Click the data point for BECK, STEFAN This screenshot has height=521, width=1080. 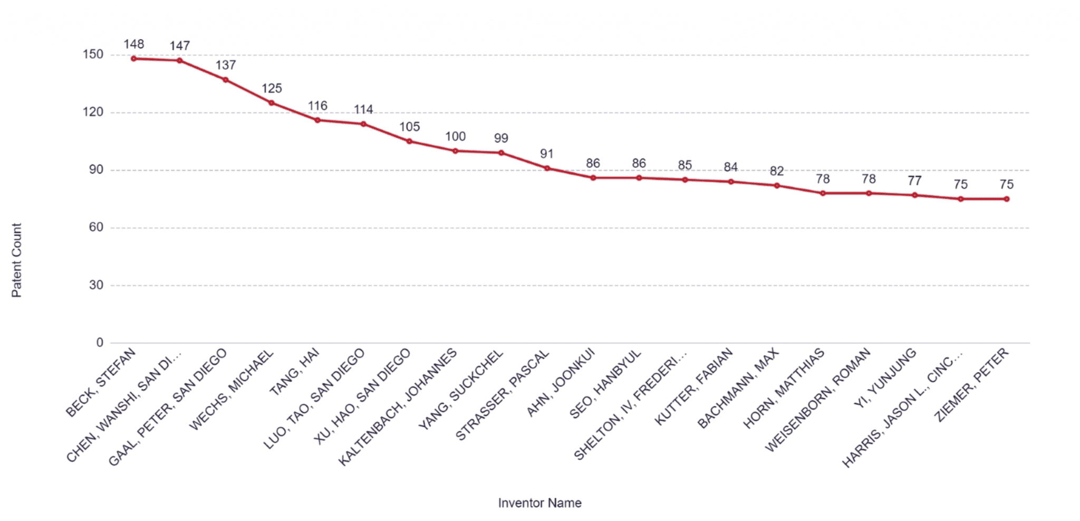(x=134, y=59)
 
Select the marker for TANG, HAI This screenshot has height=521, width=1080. (x=317, y=120)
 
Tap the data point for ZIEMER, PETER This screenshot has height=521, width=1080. (x=1006, y=199)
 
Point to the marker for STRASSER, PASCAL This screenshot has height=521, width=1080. (x=547, y=168)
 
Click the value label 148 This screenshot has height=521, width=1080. (x=134, y=44)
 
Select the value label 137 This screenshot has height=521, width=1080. (x=226, y=65)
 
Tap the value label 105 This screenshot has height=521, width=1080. (x=409, y=127)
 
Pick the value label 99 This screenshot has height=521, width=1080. (x=501, y=138)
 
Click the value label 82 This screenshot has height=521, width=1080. (x=776, y=171)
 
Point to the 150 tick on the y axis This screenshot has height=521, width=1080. (x=93, y=54)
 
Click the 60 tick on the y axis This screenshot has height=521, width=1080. (x=96, y=228)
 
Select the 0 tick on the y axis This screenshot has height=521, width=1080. (x=100, y=343)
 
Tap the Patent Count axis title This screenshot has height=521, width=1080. (x=16, y=260)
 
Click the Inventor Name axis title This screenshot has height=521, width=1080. (x=539, y=503)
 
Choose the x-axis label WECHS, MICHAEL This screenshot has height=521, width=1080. (x=232, y=390)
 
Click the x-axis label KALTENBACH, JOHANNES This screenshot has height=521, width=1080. (x=398, y=407)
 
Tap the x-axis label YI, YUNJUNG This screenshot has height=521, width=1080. (x=885, y=378)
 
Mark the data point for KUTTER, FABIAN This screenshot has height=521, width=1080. (x=730, y=182)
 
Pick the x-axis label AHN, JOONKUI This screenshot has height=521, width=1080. (x=561, y=382)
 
